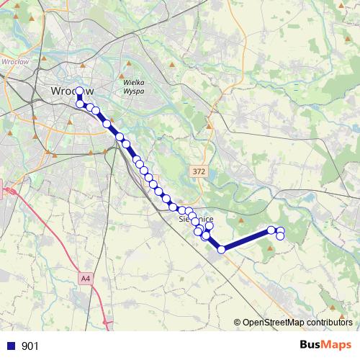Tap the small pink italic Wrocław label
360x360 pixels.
tap(16, 61)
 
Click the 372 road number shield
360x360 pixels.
tap(199, 171)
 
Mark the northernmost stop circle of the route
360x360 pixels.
tap(79, 91)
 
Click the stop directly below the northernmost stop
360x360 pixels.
tap(80, 104)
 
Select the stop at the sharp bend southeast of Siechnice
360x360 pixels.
tap(221, 249)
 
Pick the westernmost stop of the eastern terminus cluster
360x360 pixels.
tap(271, 230)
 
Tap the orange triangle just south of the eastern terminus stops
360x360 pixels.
tap(271, 248)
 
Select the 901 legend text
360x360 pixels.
tap(30, 346)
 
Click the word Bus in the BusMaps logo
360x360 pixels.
tap(311, 346)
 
